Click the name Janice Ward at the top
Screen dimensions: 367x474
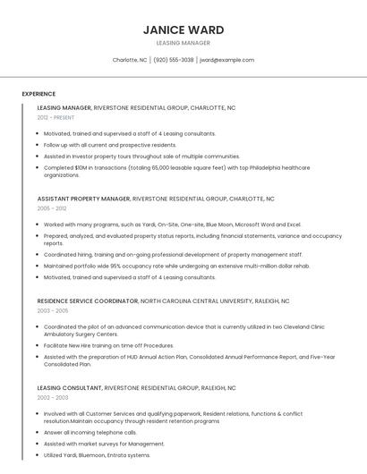pos(183,30)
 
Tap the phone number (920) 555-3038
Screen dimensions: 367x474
pos(173,60)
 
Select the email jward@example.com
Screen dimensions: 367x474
pos(226,60)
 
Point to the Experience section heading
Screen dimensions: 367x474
pos(38,94)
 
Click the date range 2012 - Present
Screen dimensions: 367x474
pos(55,117)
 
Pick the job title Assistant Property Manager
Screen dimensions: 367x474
pos(83,199)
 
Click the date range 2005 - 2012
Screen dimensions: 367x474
pos(51,207)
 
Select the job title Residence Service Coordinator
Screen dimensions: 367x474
pos(87,301)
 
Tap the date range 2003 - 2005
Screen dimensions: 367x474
pos(52,310)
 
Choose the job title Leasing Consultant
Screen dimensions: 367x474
pos(70,388)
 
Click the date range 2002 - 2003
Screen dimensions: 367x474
pos(52,397)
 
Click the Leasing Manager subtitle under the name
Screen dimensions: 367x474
pos(183,43)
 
